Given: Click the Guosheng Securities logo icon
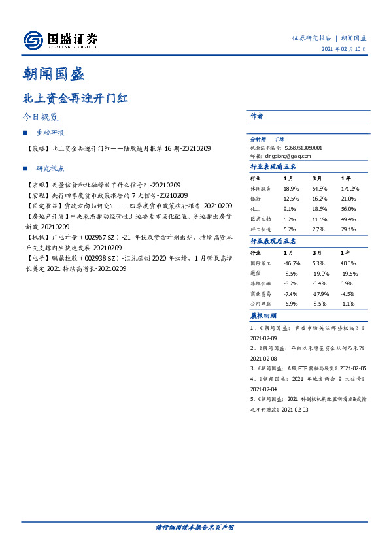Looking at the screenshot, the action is coord(33,40).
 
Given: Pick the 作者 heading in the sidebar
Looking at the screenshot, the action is coord(256,116).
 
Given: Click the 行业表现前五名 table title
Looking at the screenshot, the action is coord(273,167).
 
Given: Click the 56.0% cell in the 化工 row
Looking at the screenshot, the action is coord(348,209).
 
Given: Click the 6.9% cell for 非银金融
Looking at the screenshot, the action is coord(346,283).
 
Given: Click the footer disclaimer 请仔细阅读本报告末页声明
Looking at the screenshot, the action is coord(194,527).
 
